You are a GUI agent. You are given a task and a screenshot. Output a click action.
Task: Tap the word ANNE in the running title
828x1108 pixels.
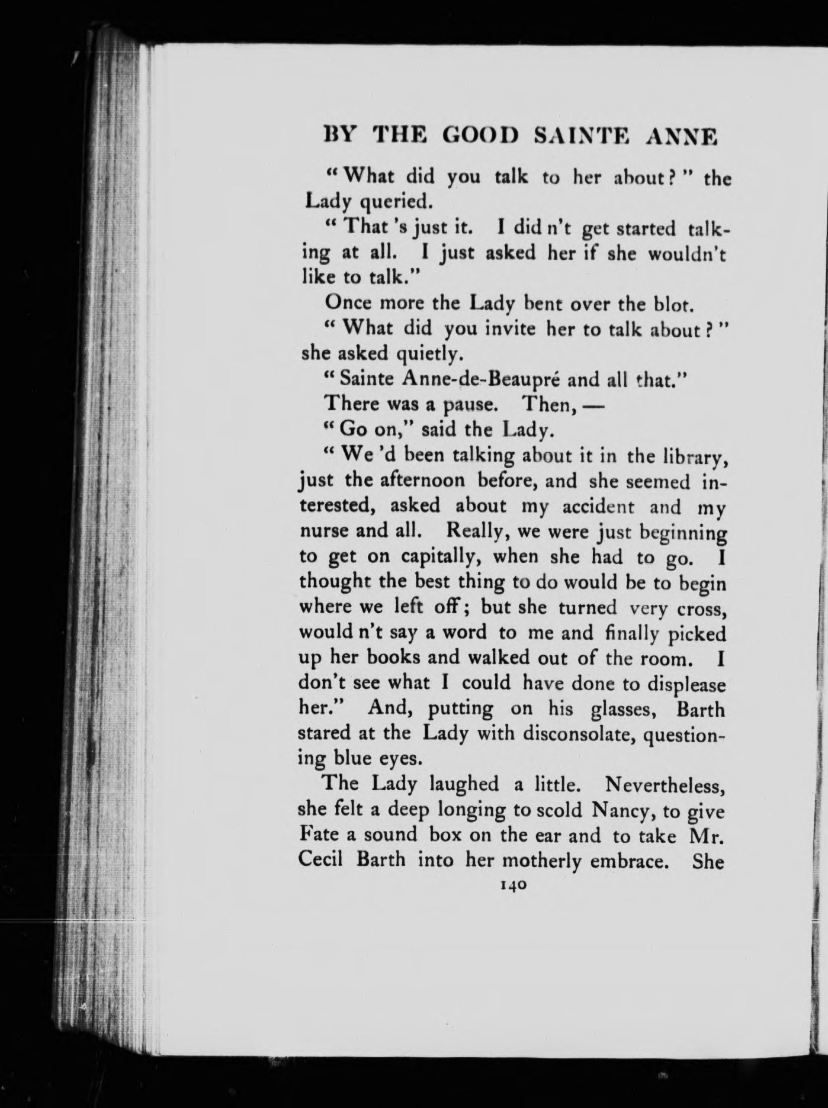point(682,137)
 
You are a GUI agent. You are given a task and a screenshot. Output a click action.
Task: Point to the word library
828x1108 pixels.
point(691,456)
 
